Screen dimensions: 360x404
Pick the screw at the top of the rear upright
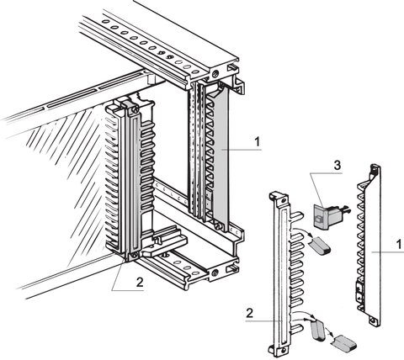(218, 75)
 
